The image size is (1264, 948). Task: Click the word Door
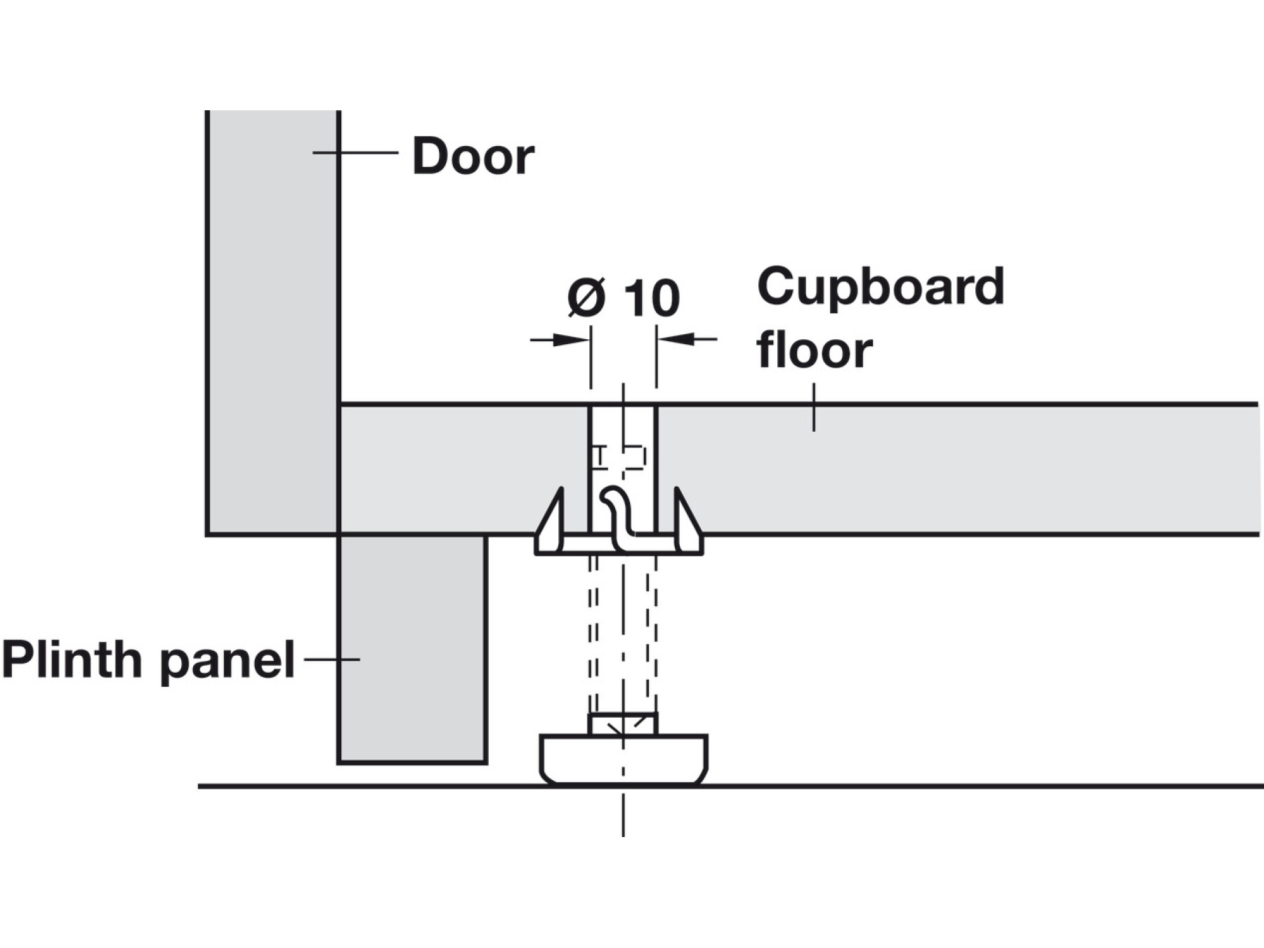point(473,156)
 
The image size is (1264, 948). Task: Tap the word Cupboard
point(881,287)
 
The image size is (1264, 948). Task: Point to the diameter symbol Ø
point(586,297)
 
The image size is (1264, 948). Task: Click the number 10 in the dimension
point(652,298)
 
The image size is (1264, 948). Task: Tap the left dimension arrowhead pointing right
point(571,340)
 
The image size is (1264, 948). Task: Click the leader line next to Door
point(355,152)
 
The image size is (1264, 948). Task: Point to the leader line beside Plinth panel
point(331,659)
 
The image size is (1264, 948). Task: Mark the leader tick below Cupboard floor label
point(814,407)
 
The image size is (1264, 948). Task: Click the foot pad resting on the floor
point(624,760)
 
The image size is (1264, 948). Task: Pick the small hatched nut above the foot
point(623,724)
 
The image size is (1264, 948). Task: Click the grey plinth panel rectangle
point(412,649)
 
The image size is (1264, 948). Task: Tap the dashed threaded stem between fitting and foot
point(623,633)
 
